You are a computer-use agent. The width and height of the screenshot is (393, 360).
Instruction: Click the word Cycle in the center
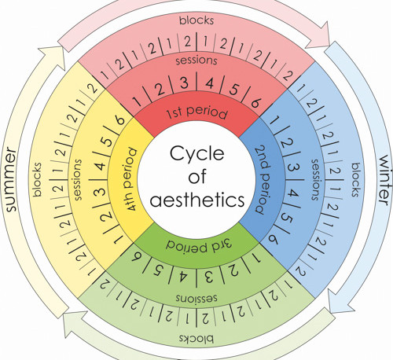197,154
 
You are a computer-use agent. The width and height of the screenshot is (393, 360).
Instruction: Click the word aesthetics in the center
197,200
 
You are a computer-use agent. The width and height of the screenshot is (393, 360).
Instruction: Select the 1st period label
196,113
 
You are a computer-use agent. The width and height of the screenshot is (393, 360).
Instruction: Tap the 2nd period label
263,179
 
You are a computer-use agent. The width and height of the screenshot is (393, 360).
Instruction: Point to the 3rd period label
199,245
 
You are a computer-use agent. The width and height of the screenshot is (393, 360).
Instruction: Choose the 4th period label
130,180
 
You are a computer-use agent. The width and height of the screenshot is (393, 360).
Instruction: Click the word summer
10,179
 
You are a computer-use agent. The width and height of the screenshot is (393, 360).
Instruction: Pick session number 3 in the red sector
184,83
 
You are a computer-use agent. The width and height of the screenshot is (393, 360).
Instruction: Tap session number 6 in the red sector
255,103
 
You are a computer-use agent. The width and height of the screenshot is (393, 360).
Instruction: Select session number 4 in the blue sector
293,193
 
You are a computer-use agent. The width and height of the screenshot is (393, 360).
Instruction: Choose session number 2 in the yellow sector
107,215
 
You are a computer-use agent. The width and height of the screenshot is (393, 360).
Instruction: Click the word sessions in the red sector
196,61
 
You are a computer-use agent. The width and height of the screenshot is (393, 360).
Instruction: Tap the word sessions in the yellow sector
78,179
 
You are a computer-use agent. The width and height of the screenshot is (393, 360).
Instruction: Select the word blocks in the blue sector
355,180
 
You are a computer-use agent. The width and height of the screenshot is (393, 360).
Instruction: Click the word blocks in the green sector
196,339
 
